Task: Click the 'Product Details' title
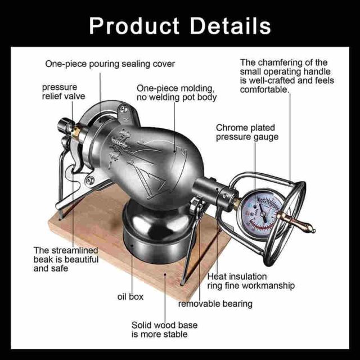point(180,26)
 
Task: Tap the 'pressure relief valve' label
point(64,92)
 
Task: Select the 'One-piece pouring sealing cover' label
point(110,64)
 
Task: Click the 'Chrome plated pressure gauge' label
point(247,132)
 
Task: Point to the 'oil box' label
point(130,296)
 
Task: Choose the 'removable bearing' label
point(215,304)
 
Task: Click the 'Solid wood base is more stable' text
point(164,330)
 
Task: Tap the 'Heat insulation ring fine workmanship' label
point(251,281)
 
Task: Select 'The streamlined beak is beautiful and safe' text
point(66,259)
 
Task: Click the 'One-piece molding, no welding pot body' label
point(177,93)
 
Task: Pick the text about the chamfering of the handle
point(287,76)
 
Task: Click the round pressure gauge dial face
point(262,214)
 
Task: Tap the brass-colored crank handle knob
point(296,222)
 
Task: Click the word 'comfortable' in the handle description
point(264,89)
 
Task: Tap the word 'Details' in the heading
point(231,26)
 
